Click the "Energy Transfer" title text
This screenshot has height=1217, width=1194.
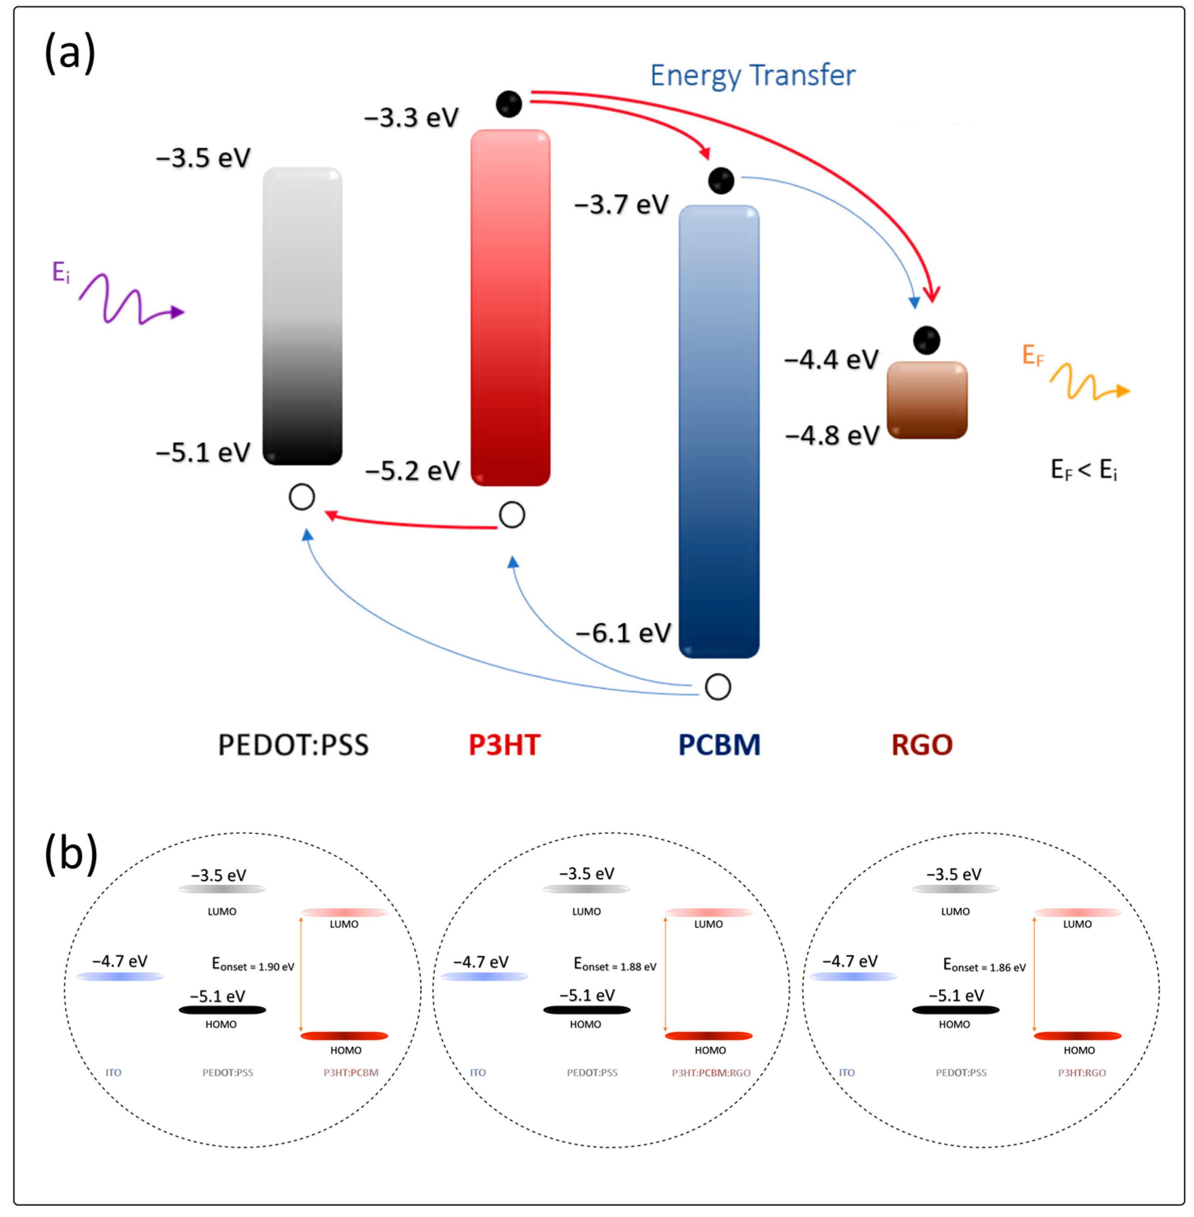752,76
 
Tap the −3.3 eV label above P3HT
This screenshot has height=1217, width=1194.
411,118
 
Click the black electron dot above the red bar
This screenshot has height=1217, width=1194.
508,104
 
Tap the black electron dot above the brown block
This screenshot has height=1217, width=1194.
926,340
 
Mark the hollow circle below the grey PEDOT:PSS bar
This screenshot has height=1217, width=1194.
302,497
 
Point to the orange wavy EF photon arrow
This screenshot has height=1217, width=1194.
1089,382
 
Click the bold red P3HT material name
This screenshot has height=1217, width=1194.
504,745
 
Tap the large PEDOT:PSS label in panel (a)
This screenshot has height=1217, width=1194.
293,745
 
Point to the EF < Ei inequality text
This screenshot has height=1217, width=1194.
1084,470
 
